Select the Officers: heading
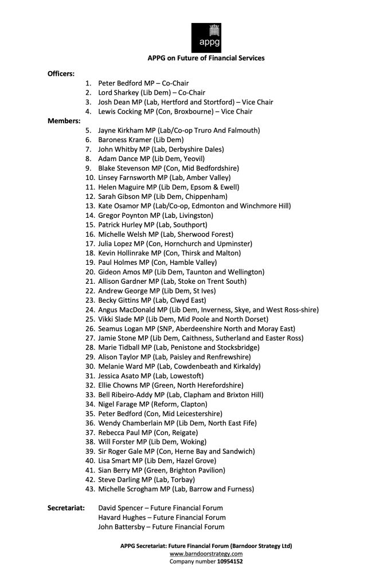click(61, 74)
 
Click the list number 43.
click(89, 489)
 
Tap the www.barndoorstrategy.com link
click(206, 554)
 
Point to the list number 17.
click(89, 244)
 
